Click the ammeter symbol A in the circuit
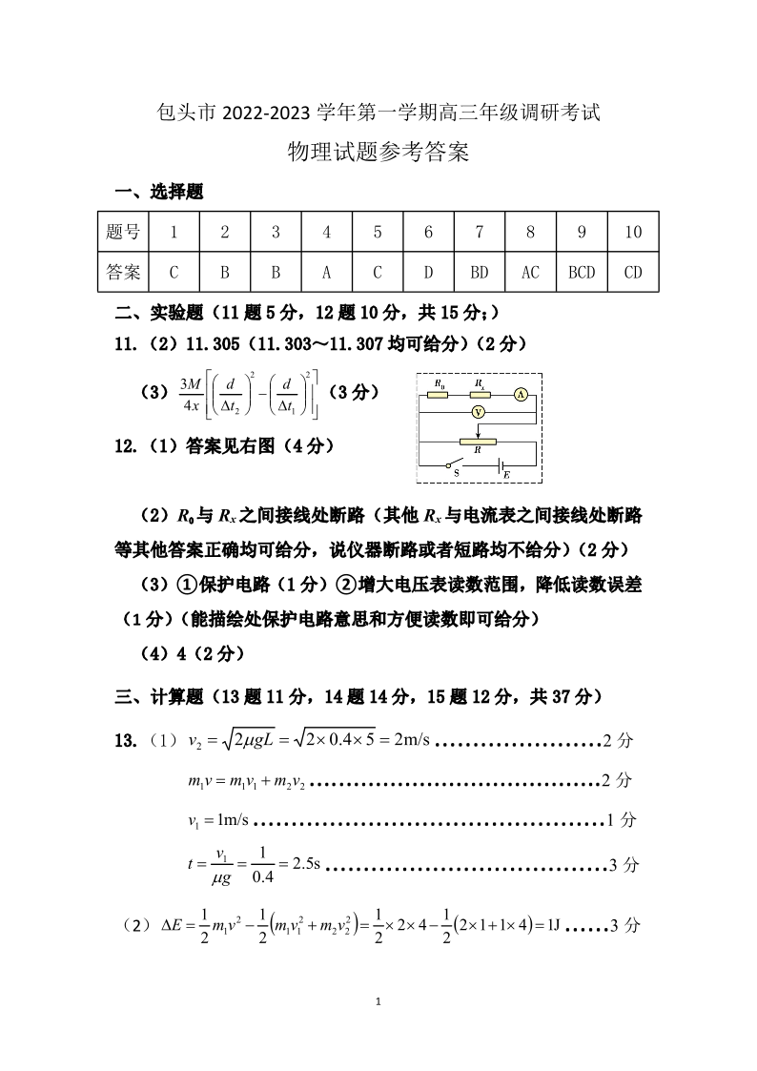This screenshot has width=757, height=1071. click(x=522, y=393)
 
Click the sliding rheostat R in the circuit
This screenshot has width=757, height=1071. click(x=478, y=443)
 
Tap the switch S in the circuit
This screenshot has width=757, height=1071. click(x=457, y=466)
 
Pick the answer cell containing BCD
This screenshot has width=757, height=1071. click(x=581, y=273)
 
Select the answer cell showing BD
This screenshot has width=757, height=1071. click(x=480, y=273)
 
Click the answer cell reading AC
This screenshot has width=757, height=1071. click(x=530, y=273)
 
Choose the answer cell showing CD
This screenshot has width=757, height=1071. click(x=632, y=273)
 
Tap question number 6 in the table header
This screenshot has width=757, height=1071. click(x=428, y=232)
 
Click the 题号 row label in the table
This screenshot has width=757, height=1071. click(x=123, y=232)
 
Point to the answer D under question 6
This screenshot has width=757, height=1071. click(x=428, y=273)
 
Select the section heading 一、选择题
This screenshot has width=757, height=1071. click(x=159, y=193)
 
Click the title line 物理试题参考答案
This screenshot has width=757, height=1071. click(x=378, y=153)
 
